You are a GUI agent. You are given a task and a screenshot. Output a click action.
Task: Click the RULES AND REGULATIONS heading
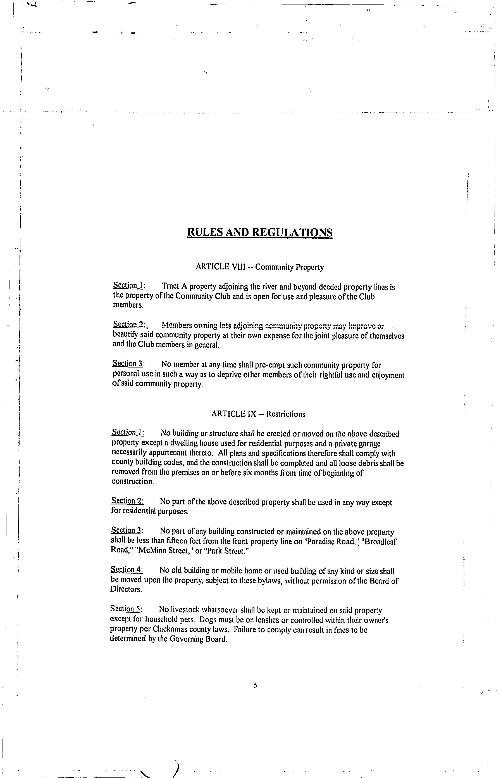260,233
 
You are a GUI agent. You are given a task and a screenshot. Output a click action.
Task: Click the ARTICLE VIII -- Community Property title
260,267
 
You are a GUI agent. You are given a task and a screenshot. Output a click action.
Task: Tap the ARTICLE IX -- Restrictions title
258,414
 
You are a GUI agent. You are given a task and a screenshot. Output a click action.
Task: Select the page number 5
255,685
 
